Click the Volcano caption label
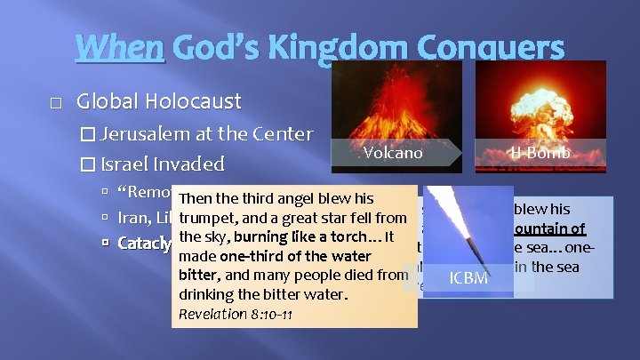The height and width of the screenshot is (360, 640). click(x=393, y=153)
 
